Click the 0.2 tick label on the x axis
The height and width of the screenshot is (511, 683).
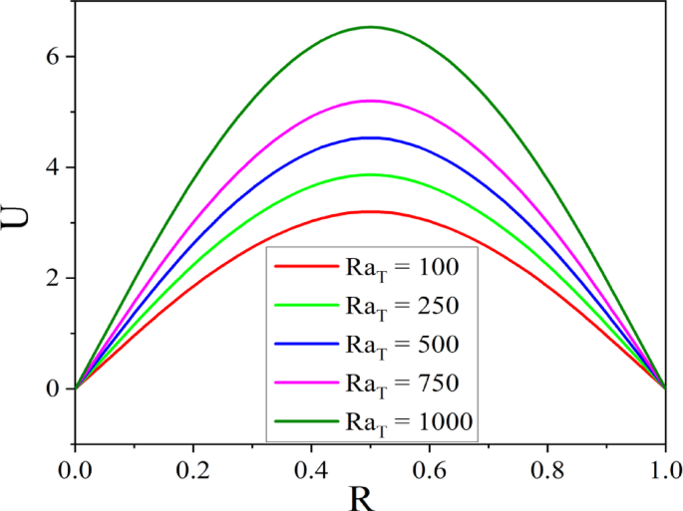coord(192,466)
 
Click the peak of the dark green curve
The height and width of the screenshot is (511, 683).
coord(370,27)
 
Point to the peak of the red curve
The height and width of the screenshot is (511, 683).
coord(370,211)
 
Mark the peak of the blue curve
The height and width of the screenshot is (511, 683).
coord(370,137)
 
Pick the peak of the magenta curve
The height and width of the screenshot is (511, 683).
coord(370,101)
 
